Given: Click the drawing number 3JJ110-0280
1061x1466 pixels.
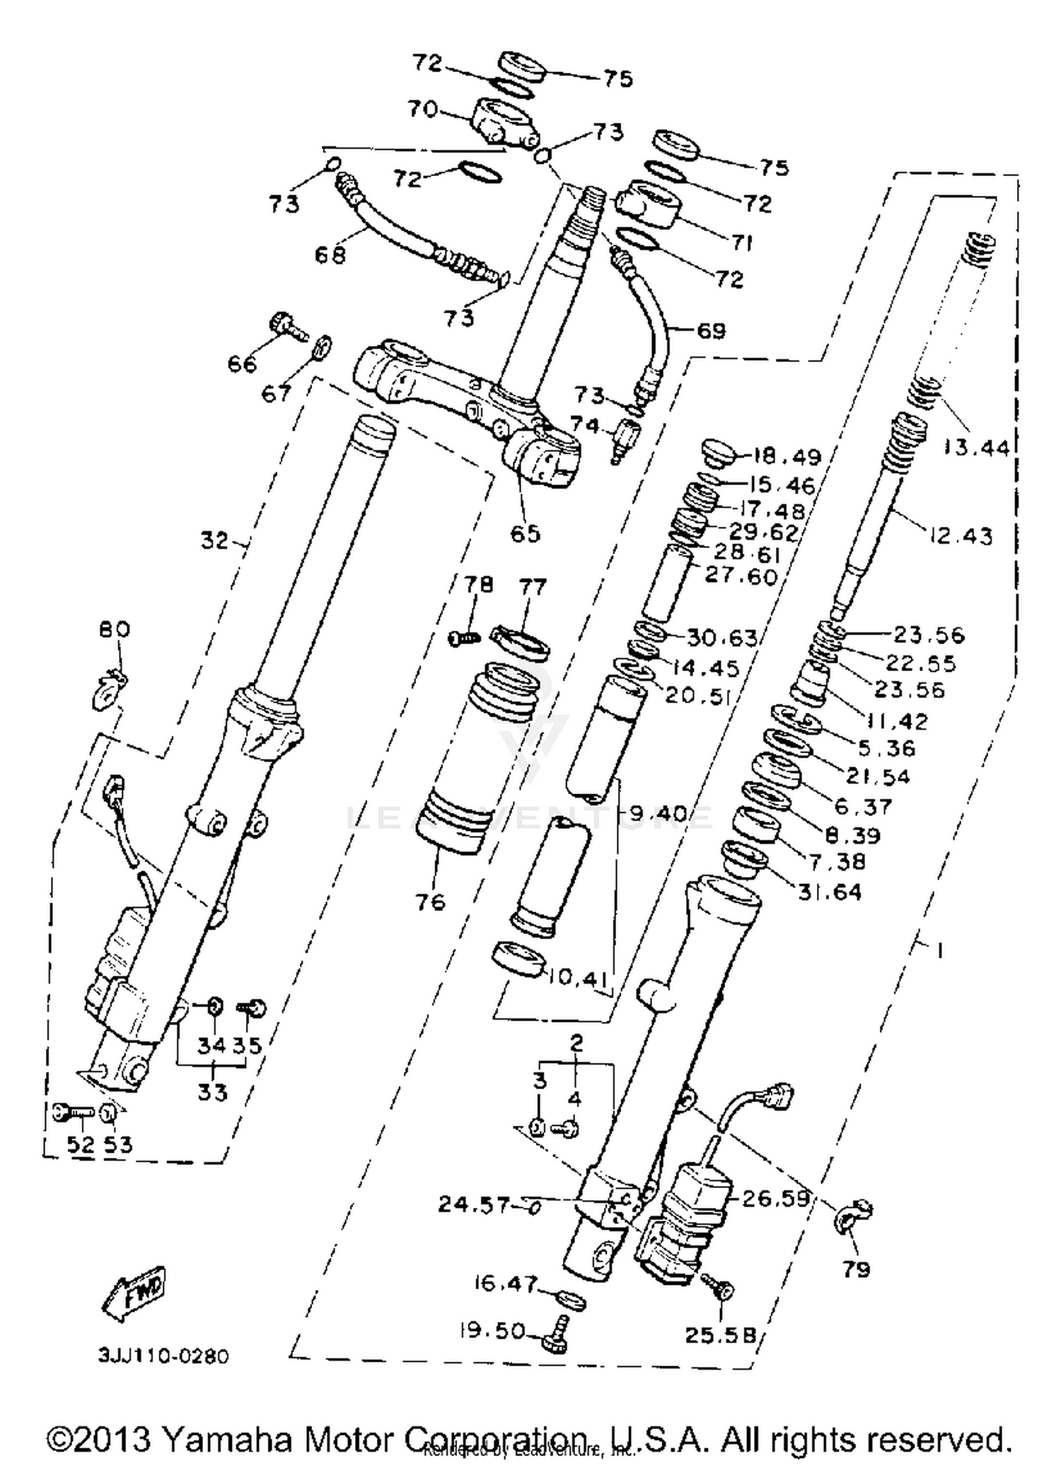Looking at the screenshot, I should pyautogui.click(x=163, y=1356).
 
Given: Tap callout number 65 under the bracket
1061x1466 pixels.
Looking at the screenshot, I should pyautogui.click(x=526, y=533).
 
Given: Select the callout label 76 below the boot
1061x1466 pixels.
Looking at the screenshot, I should pyautogui.click(x=430, y=902).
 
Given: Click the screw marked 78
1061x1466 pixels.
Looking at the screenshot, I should pyautogui.click(x=465, y=638).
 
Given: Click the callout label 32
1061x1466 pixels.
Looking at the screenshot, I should pyautogui.click(x=215, y=541).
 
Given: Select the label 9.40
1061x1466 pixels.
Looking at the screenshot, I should pyautogui.click(x=659, y=814).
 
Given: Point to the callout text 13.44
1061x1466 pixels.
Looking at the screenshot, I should pyautogui.click(x=977, y=447).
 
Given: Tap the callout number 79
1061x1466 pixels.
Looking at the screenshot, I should pyautogui.click(x=856, y=1269).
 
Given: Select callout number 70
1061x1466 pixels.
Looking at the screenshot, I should pyautogui.click(x=423, y=109).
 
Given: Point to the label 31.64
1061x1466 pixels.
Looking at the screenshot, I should pyautogui.click(x=830, y=892).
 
